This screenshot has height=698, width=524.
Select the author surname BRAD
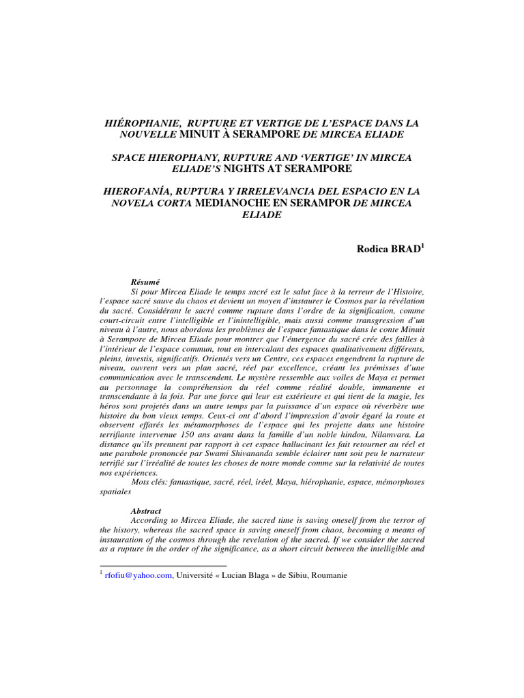pyautogui.click(x=405, y=249)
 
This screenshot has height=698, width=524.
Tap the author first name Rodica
pyautogui.click(x=372, y=249)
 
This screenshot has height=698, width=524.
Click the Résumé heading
pyautogui.click(x=145, y=281)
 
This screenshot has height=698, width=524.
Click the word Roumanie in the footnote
pyautogui.click(x=328, y=575)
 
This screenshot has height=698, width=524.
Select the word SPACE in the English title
pyautogui.click(x=128, y=157)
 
